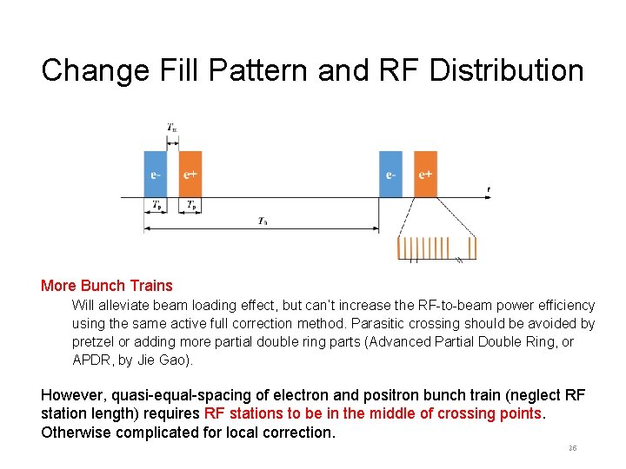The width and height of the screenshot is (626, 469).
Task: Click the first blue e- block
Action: (x=155, y=173)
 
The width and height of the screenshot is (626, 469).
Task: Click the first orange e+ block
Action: (x=190, y=173)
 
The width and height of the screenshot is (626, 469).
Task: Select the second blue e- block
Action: (x=390, y=173)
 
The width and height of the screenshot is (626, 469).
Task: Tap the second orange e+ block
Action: (x=425, y=173)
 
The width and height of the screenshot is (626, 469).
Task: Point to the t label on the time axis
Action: (x=488, y=188)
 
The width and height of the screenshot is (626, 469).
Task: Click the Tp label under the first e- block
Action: (x=156, y=206)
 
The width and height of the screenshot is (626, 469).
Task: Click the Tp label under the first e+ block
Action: (x=190, y=206)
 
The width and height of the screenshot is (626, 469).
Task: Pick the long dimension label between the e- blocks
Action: (x=262, y=221)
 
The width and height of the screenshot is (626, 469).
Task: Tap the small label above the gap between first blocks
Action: (x=172, y=129)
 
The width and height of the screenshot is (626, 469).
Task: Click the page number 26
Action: (x=572, y=448)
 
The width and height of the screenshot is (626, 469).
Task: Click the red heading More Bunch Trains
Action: (x=107, y=286)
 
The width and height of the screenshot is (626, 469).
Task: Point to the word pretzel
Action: (x=94, y=341)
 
